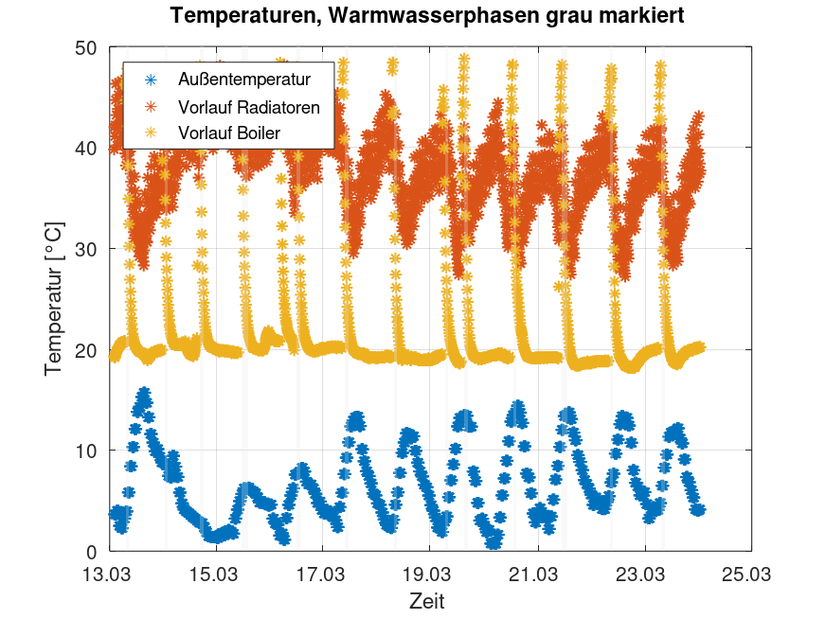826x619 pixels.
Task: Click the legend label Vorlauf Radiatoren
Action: coord(249,107)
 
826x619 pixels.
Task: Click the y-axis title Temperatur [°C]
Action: coord(54,299)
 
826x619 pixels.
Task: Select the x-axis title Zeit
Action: coord(427,600)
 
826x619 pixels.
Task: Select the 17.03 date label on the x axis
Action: coord(321,574)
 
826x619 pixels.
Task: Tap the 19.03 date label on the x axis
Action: coord(428,574)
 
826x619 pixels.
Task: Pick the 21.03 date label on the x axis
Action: coord(536,574)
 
